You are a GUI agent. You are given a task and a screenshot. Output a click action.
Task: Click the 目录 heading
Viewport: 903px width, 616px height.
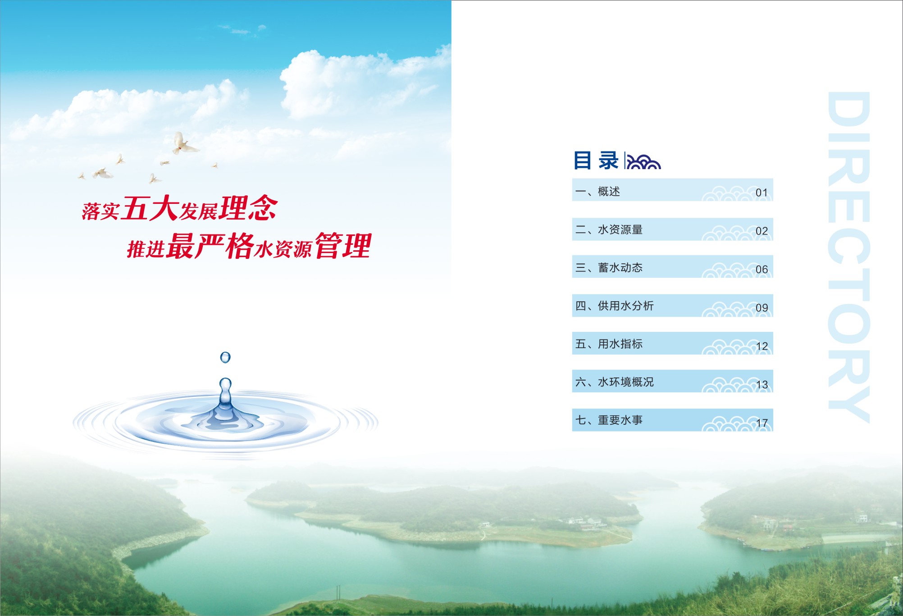pyautogui.click(x=596, y=161)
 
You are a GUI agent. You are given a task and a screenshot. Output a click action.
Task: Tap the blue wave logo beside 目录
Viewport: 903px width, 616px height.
pyautogui.click(x=644, y=161)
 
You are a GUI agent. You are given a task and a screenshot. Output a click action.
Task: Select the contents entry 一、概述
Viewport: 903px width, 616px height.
pyautogui.click(x=597, y=192)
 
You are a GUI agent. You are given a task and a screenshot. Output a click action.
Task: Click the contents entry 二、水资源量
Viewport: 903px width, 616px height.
pyautogui.click(x=609, y=230)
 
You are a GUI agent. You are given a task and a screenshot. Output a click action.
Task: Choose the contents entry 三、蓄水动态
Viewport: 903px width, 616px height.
pyautogui.click(x=609, y=268)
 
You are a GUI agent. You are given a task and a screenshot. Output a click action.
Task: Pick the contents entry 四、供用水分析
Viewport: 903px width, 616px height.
pyautogui.click(x=614, y=306)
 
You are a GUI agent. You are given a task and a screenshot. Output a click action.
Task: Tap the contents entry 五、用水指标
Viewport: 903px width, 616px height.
pyautogui.click(x=609, y=344)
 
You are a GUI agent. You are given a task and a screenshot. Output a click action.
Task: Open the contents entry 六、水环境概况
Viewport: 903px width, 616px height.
pyautogui.click(x=614, y=382)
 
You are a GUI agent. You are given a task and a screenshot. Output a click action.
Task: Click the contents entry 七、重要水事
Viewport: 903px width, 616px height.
pyautogui.click(x=609, y=420)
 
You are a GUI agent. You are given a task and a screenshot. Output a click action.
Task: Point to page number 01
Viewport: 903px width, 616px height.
pyautogui.click(x=762, y=193)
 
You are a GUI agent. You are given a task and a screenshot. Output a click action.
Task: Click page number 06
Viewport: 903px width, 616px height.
pyautogui.click(x=762, y=269)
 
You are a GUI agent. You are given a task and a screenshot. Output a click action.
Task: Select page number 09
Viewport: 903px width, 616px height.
pyautogui.click(x=762, y=308)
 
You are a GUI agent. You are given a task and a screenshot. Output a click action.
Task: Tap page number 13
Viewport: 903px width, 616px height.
pyautogui.click(x=762, y=385)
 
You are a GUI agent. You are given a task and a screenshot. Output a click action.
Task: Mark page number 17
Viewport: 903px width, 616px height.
pyautogui.click(x=762, y=423)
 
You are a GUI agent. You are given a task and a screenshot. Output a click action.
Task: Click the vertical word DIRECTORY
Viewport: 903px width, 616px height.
pyautogui.click(x=849, y=257)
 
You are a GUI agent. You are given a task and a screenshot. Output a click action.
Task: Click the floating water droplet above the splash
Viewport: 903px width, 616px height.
pyautogui.click(x=225, y=358)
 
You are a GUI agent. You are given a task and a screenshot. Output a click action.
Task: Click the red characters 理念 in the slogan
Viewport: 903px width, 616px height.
pyautogui.click(x=248, y=208)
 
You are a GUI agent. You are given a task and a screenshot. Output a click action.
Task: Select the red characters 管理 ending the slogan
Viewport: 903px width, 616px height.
pyautogui.click(x=343, y=246)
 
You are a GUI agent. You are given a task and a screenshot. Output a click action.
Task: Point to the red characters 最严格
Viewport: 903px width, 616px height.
pyautogui.click(x=210, y=246)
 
